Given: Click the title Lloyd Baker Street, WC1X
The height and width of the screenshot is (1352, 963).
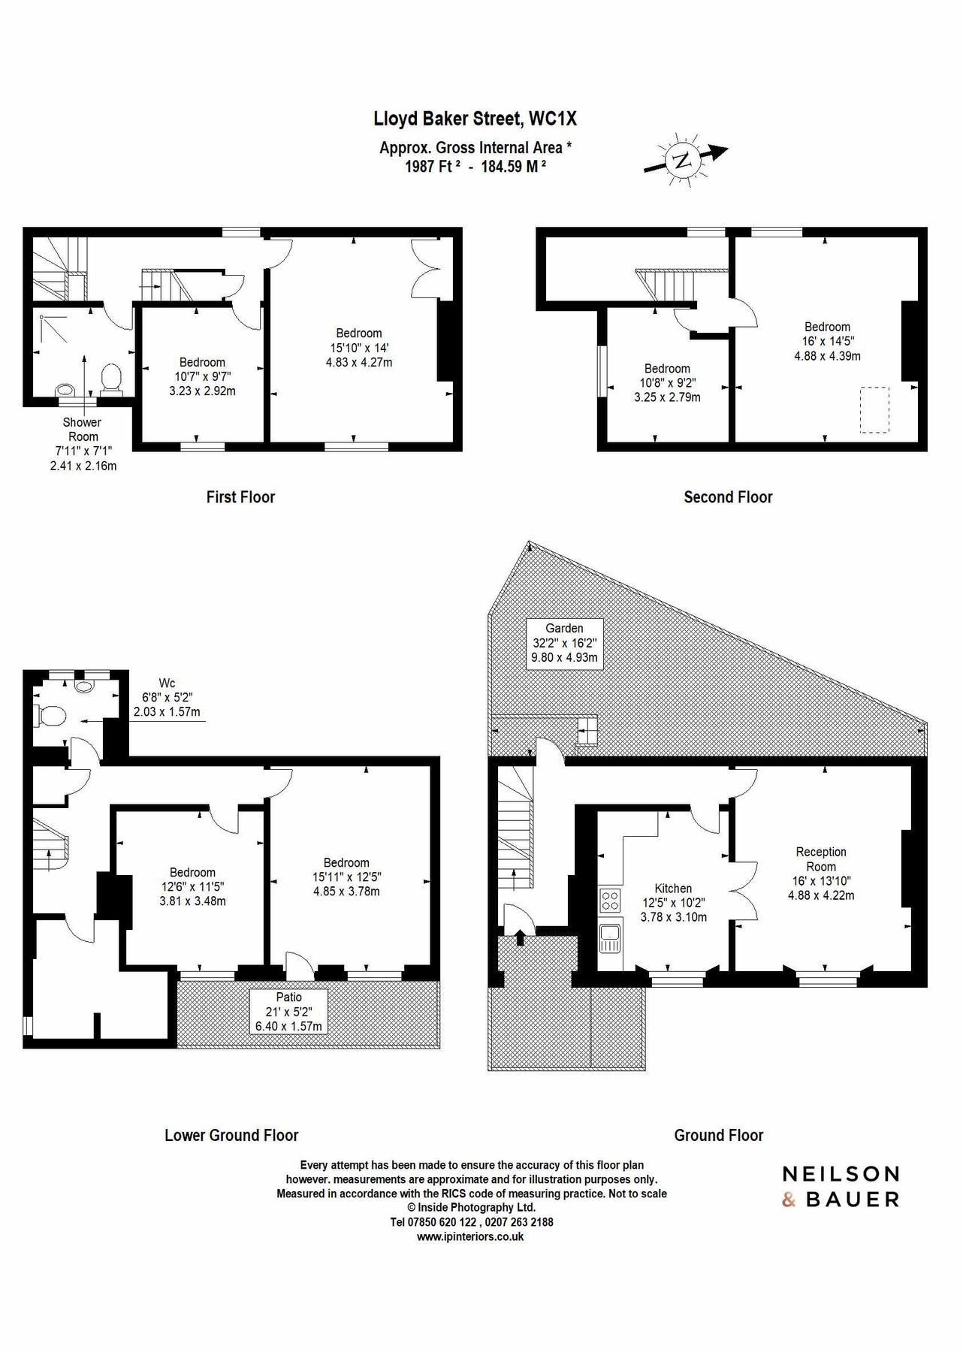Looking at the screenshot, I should [475, 119].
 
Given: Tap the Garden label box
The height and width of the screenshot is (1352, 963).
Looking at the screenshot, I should [564, 643].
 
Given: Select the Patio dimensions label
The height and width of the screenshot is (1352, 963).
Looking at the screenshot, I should [288, 1012].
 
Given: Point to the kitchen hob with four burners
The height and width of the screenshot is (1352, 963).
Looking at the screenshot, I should [609, 900].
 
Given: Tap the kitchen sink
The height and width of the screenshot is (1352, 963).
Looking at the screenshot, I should [609, 937].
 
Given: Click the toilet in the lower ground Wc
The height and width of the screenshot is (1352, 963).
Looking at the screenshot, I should [50, 716].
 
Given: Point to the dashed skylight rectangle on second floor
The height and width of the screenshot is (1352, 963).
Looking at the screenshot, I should [874, 409].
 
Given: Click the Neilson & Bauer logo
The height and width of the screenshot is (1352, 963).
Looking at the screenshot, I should [841, 1186].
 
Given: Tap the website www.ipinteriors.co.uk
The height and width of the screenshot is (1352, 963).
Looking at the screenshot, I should [472, 1236].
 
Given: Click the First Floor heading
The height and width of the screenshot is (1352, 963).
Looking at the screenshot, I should [240, 497].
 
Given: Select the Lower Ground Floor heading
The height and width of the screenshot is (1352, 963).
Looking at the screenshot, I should [231, 1135].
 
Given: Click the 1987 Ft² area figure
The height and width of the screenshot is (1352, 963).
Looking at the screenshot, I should [432, 167].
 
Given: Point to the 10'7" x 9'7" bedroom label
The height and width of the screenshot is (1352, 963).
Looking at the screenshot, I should [202, 376].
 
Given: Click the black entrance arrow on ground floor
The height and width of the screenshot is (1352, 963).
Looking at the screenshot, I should [520, 937].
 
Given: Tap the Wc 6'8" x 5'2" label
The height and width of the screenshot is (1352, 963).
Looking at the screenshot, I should [167, 697].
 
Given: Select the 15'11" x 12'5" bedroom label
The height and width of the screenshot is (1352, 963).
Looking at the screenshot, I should [346, 877].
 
